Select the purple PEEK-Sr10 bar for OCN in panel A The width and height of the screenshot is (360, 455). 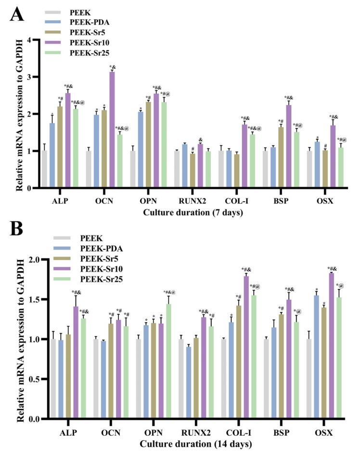[x=112, y=130]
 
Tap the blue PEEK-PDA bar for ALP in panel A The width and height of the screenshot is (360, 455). [x=52, y=155]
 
